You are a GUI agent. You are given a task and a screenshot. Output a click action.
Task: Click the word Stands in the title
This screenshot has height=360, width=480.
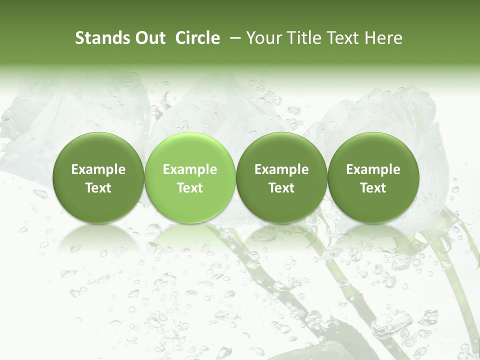[x=102, y=38]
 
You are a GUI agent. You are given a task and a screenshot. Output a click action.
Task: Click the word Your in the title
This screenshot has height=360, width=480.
[x=263, y=38]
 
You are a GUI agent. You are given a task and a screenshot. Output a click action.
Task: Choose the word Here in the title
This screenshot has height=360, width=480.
[x=383, y=38]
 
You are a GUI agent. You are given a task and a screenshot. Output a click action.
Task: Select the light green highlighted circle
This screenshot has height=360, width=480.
[x=190, y=177]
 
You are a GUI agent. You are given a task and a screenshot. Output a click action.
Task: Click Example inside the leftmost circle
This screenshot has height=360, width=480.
[x=98, y=169]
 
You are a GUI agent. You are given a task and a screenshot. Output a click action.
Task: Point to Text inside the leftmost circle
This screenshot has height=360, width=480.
[x=98, y=188]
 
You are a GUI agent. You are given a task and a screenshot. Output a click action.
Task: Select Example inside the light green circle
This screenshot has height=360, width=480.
[x=190, y=169]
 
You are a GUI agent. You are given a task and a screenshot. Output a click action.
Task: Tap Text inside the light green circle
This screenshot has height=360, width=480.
[x=190, y=188]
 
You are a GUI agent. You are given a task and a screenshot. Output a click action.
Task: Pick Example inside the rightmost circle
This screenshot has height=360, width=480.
[x=373, y=169]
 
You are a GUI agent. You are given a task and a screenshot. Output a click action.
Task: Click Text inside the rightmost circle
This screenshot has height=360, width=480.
[x=373, y=188]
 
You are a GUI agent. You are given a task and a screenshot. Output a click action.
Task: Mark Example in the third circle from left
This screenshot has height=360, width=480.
[x=281, y=169]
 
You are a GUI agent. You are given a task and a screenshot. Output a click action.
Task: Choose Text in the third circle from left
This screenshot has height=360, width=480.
[x=281, y=188]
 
